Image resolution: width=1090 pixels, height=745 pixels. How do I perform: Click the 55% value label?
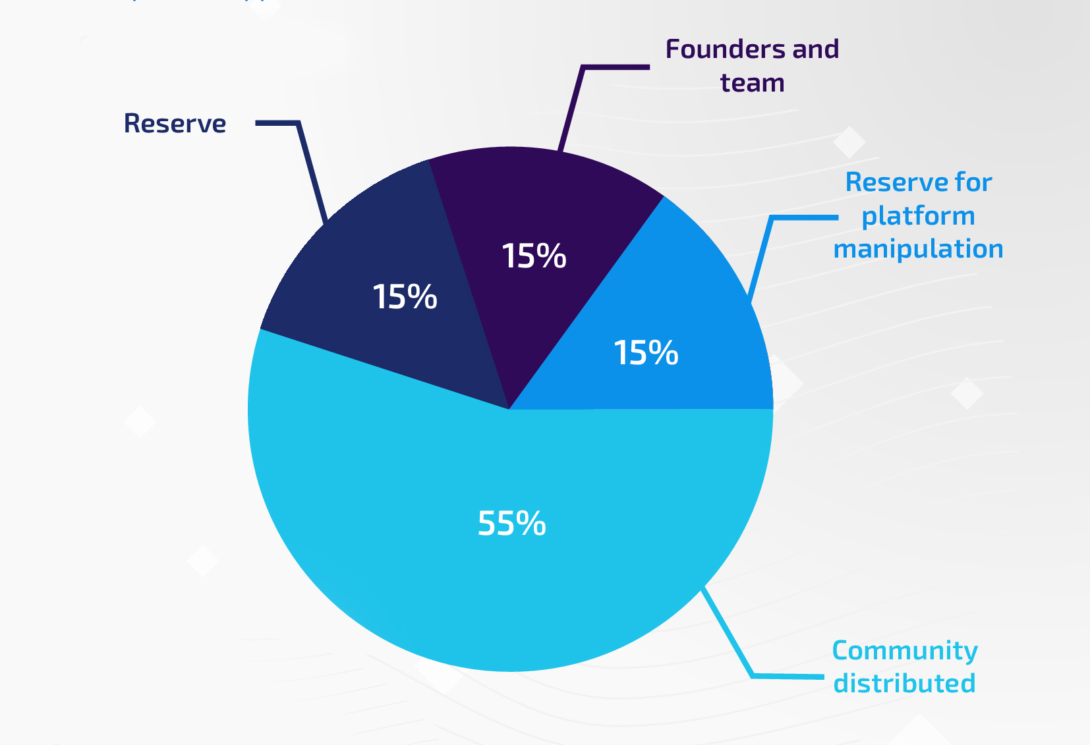511,524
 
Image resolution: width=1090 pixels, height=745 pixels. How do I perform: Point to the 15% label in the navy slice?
405,297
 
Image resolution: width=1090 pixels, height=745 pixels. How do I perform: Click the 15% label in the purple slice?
534,256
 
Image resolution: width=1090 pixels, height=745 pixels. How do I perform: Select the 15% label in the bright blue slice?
646,353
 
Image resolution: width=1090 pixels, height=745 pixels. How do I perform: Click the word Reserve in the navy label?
175,124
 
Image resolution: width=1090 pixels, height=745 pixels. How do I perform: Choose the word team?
752,84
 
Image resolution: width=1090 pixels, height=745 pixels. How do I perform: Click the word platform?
918,216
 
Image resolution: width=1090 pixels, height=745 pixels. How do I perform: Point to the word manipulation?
918,250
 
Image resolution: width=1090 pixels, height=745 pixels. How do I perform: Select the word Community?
905,651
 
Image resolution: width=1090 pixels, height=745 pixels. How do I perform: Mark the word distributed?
904,684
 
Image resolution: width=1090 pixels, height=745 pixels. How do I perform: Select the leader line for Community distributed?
728,633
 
